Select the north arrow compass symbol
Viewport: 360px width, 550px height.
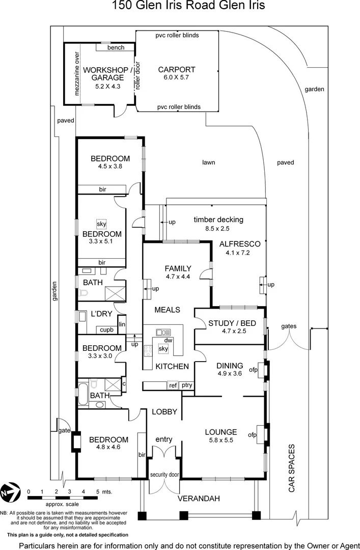coord(11,492)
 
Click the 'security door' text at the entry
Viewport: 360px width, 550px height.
coord(164,475)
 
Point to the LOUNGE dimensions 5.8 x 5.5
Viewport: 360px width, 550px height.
coord(221,441)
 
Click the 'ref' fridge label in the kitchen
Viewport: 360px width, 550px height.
coord(173,386)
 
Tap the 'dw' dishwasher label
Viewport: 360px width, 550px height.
coord(169,340)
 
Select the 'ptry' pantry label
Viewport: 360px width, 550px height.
coord(187,386)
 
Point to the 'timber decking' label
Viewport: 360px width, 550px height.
coord(218,219)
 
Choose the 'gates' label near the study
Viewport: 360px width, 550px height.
coord(289,326)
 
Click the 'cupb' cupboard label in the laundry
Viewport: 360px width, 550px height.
coord(107,329)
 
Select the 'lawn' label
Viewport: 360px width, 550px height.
coord(208,162)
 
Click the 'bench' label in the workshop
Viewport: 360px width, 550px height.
coord(116,47)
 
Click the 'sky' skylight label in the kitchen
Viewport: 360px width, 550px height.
coord(163,349)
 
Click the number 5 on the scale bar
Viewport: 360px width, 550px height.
coord(97,491)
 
